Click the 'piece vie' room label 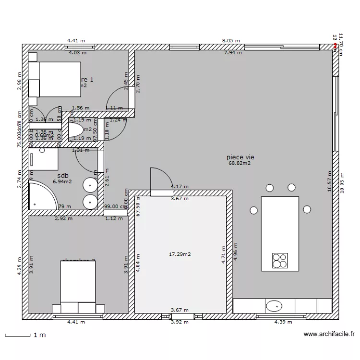[x=240, y=157]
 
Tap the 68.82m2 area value [x=240, y=163]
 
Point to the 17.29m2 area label [x=180, y=254]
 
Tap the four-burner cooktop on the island [x=280, y=260]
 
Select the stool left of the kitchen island [x=253, y=210]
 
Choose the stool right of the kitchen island [x=307, y=209]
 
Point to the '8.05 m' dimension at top [x=230, y=41]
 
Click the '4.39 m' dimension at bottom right [x=283, y=322]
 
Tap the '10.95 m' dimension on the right [x=342, y=182]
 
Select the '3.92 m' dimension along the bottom [x=180, y=322]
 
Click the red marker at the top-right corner [x=335, y=46]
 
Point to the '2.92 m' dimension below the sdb [x=64, y=218]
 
